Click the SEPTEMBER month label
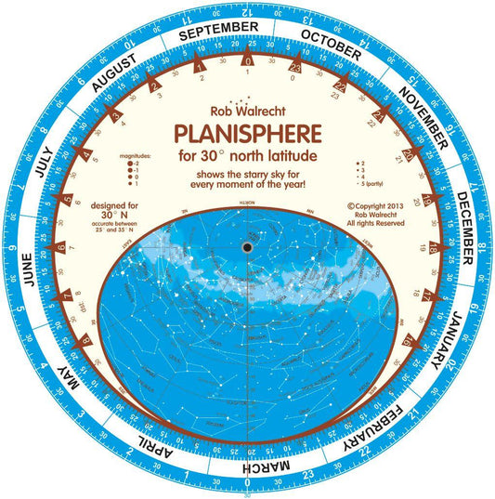coord(218,33)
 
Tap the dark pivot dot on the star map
coord(248,248)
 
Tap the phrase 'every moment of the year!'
coord(246,183)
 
